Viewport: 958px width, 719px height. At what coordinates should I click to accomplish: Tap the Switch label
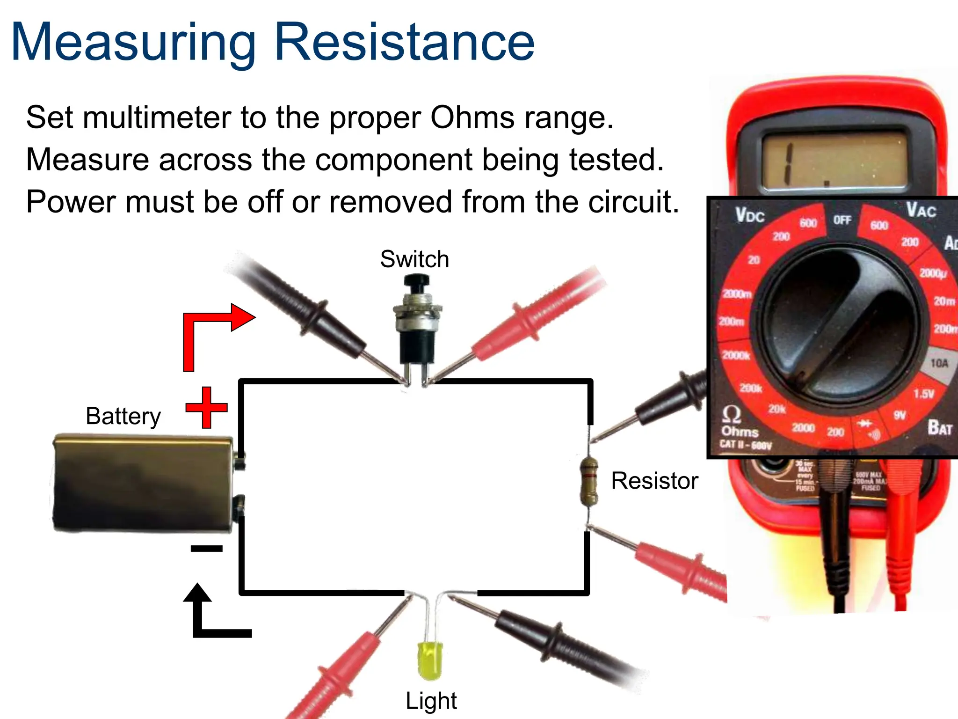coord(414,259)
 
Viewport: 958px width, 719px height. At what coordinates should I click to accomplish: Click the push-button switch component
coord(417,323)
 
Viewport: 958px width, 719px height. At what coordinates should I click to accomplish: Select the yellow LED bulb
coord(430,660)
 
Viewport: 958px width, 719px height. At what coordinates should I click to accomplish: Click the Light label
coord(431,701)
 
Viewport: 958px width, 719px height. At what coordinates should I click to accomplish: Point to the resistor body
coord(588,482)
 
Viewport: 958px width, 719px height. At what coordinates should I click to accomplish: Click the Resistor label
coord(654,481)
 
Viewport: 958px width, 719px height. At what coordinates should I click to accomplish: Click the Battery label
coord(123,416)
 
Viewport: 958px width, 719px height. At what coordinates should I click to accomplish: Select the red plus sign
coord(206,407)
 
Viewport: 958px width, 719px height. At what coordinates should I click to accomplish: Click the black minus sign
coord(206,549)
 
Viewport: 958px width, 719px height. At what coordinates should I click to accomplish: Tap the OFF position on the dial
coord(842,220)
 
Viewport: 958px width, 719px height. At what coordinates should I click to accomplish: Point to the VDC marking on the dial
coord(749,215)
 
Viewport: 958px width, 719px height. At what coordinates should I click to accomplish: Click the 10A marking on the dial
coord(939,363)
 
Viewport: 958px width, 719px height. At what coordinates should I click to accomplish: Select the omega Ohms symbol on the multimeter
coord(732,414)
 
